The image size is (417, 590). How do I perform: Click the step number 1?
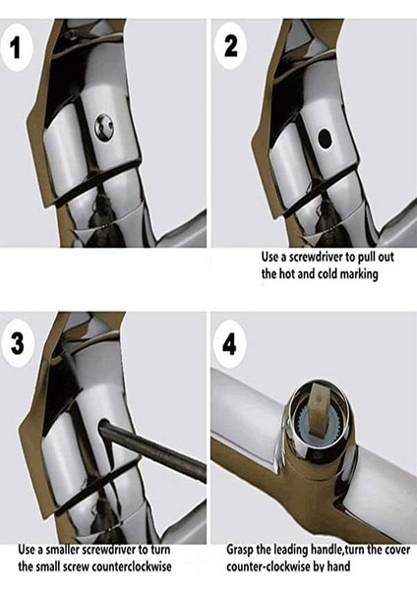(x=15, y=48)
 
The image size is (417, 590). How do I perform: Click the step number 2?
(x=231, y=45)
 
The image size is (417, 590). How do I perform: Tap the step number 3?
(x=17, y=343)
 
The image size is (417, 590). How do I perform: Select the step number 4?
(x=229, y=343)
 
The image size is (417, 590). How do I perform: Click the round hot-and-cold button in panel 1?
(x=103, y=127)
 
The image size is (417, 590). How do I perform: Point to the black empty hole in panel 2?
(x=325, y=138)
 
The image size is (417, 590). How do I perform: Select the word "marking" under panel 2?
(x=359, y=274)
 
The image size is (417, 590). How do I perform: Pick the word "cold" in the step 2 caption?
(x=328, y=273)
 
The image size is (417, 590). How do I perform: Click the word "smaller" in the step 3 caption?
(x=62, y=550)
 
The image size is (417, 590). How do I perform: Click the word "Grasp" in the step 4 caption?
(x=239, y=550)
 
